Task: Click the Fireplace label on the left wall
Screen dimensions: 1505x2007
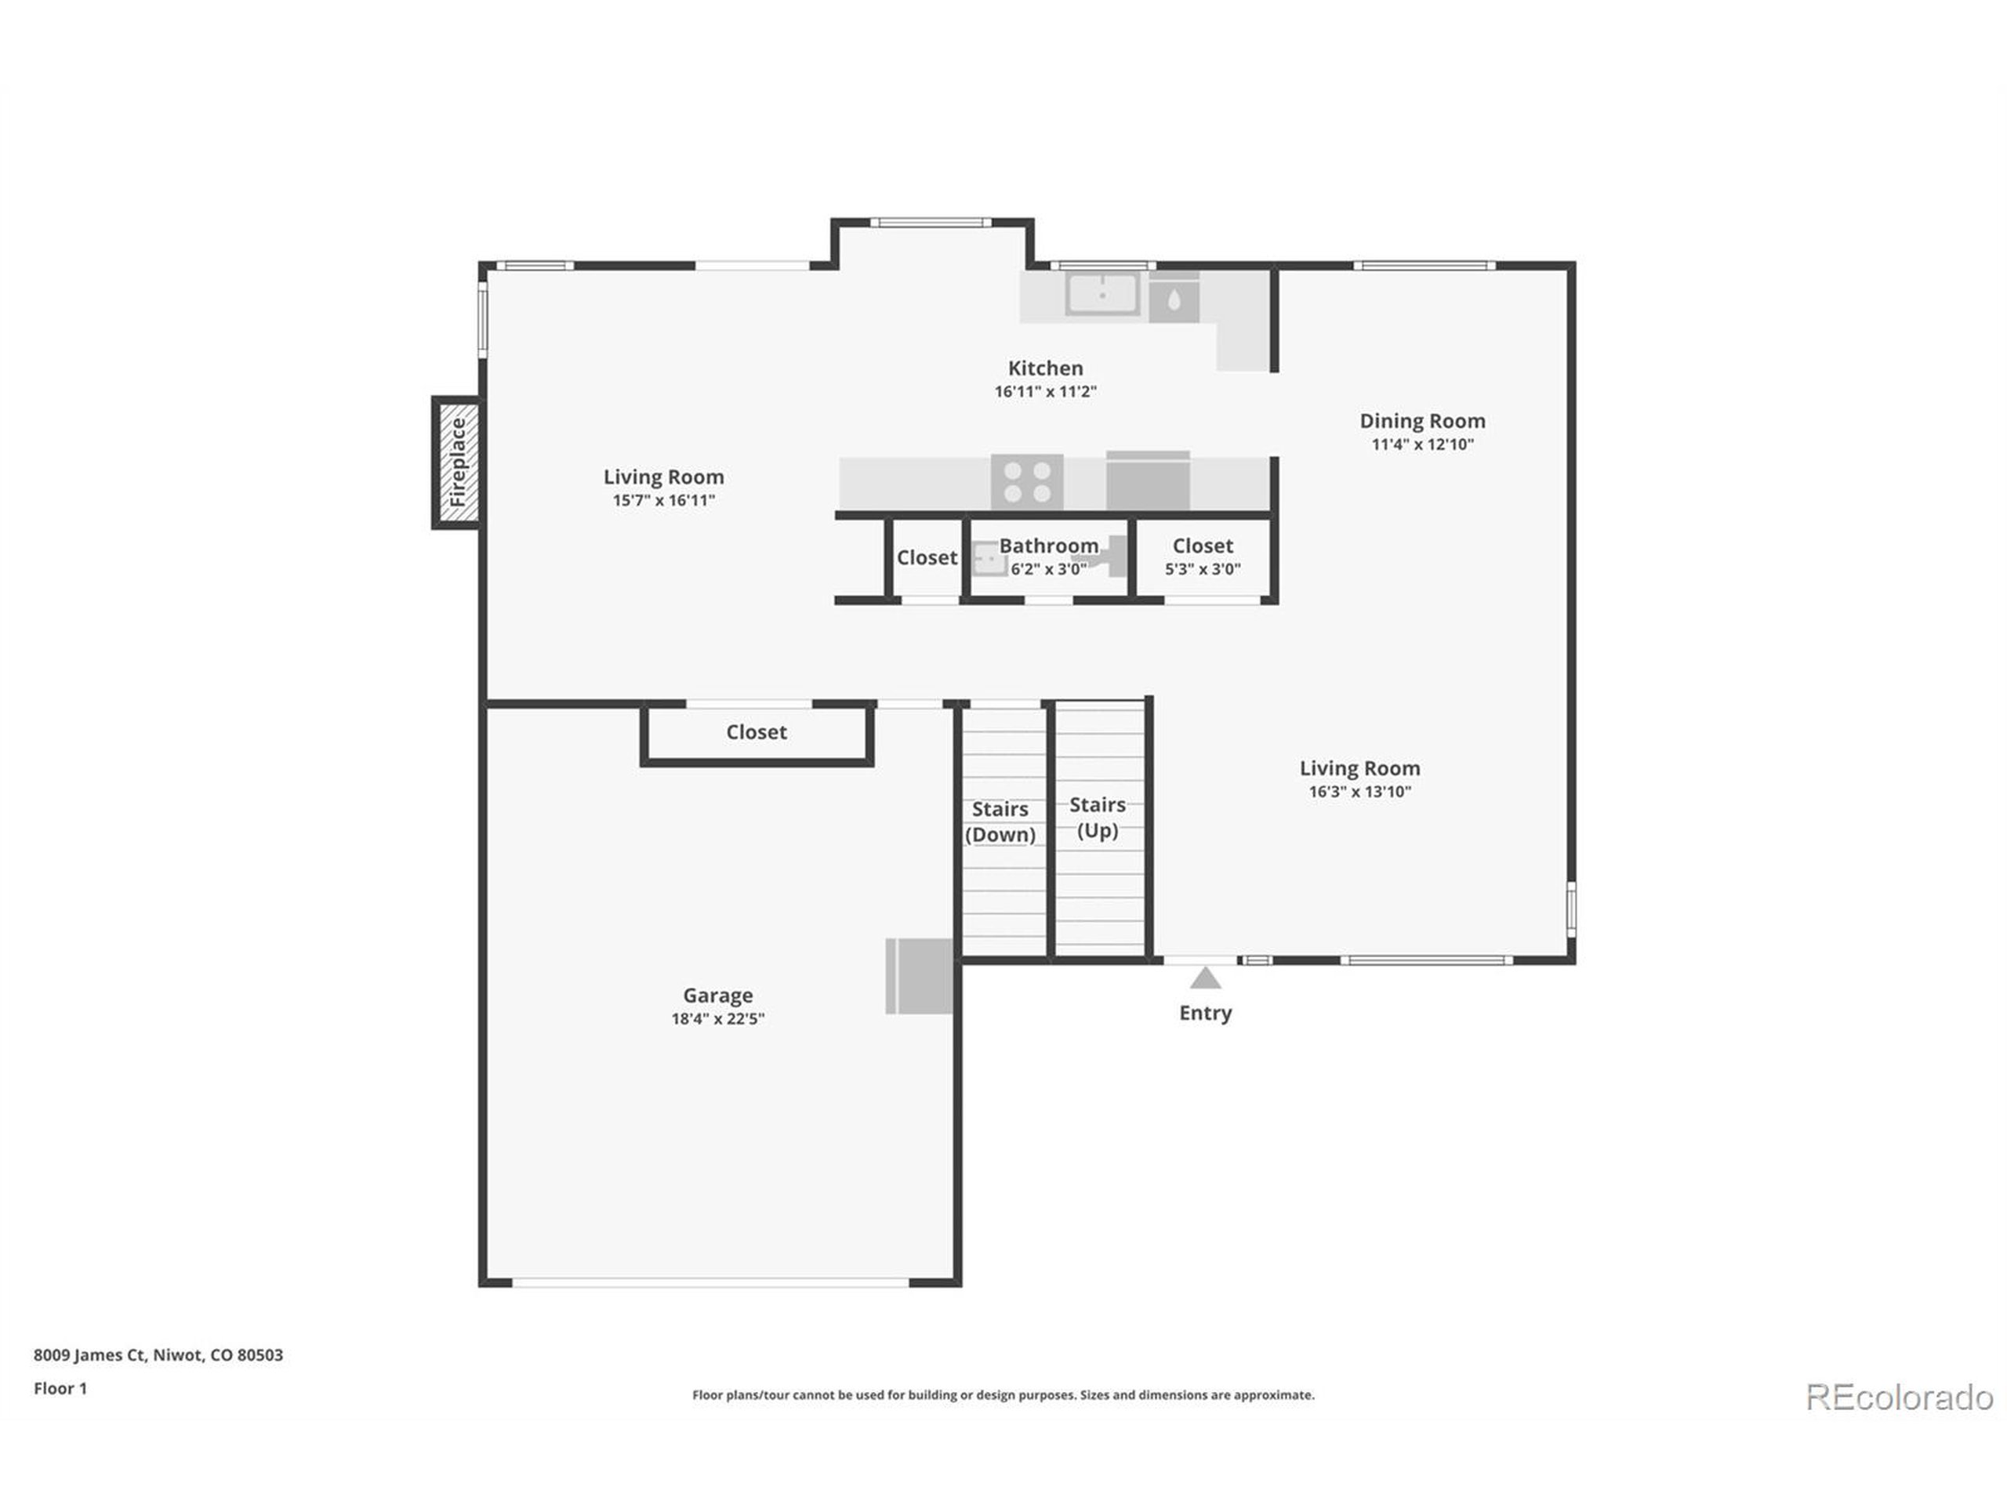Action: (x=458, y=462)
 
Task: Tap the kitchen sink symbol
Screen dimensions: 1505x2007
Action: (x=1101, y=295)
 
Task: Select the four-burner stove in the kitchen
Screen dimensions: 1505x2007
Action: (x=1027, y=482)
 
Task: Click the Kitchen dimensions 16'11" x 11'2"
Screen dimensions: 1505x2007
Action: (x=1045, y=392)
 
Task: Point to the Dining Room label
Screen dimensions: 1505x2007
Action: (x=1422, y=421)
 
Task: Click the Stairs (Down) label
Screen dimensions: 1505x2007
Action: (x=1000, y=821)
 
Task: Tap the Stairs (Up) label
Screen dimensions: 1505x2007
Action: (x=1097, y=817)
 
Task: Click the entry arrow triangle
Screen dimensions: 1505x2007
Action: (x=1205, y=978)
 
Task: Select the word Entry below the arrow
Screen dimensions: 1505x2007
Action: (x=1205, y=1014)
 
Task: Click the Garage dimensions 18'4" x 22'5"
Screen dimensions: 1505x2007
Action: (x=717, y=1019)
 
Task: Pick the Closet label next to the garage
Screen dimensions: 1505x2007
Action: (x=756, y=732)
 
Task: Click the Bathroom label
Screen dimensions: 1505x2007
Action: (x=1049, y=546)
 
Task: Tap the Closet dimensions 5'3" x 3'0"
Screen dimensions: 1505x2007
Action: (x=1202, y=570)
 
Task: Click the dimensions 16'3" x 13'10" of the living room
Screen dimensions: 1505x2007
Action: (x=1359, y=792)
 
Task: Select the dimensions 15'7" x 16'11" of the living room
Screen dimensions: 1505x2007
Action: (x=663, y=501)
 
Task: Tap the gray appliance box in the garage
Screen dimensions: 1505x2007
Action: (x=919, y=976)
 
